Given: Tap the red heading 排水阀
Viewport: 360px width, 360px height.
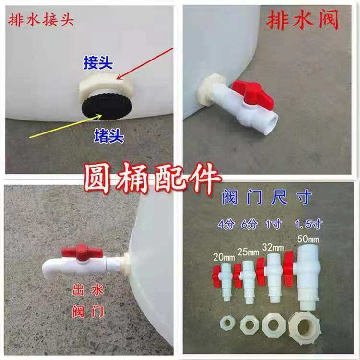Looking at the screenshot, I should coord(302,22).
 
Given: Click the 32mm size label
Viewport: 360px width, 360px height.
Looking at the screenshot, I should coord(272,247).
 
